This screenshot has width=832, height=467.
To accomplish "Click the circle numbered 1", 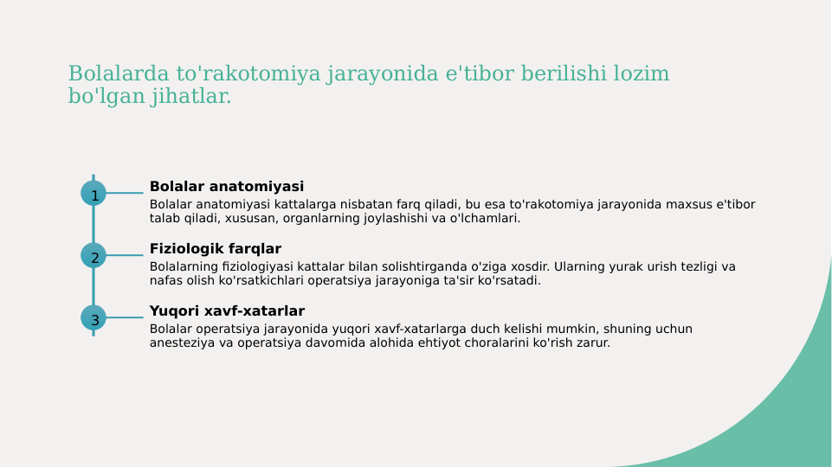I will coord(94,193).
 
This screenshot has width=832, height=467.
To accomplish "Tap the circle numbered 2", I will coord(94,255).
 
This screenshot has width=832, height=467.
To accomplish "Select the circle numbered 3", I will coord(94,317).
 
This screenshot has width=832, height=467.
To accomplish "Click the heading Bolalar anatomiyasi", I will coord(226,187).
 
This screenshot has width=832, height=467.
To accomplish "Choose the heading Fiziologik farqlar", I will coord(215,249).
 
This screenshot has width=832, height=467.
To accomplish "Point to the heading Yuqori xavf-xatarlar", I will coord(227,311).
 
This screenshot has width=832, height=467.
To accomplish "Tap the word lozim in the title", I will coord(641,74).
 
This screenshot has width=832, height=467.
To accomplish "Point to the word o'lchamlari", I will coord(484,219).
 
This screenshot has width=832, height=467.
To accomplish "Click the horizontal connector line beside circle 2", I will coord(125,255).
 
